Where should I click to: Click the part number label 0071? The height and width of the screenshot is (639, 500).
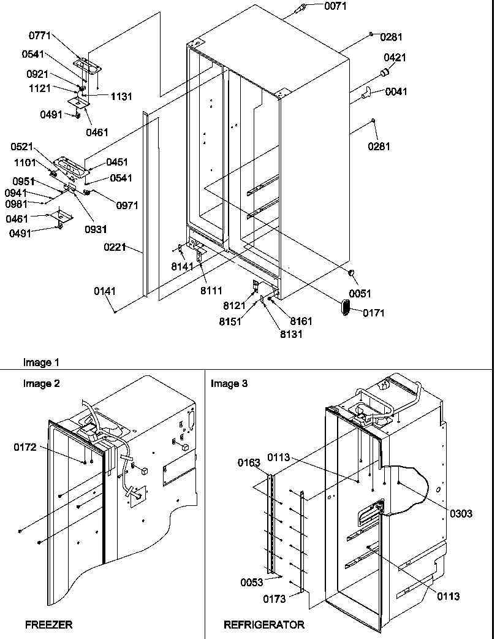point(318,6)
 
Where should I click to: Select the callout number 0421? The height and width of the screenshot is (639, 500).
point(395,58)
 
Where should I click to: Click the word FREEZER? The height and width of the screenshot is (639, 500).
point(48,625)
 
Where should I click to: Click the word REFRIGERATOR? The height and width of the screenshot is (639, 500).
point(263,625)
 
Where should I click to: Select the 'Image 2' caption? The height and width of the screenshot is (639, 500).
point(42,384)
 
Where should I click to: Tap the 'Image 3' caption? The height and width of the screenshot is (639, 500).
point(229,384)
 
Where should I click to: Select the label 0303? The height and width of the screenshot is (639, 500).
point(460,514)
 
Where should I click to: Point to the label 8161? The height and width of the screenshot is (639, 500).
point(301,321)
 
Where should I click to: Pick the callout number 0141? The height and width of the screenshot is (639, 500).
point(105,291)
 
